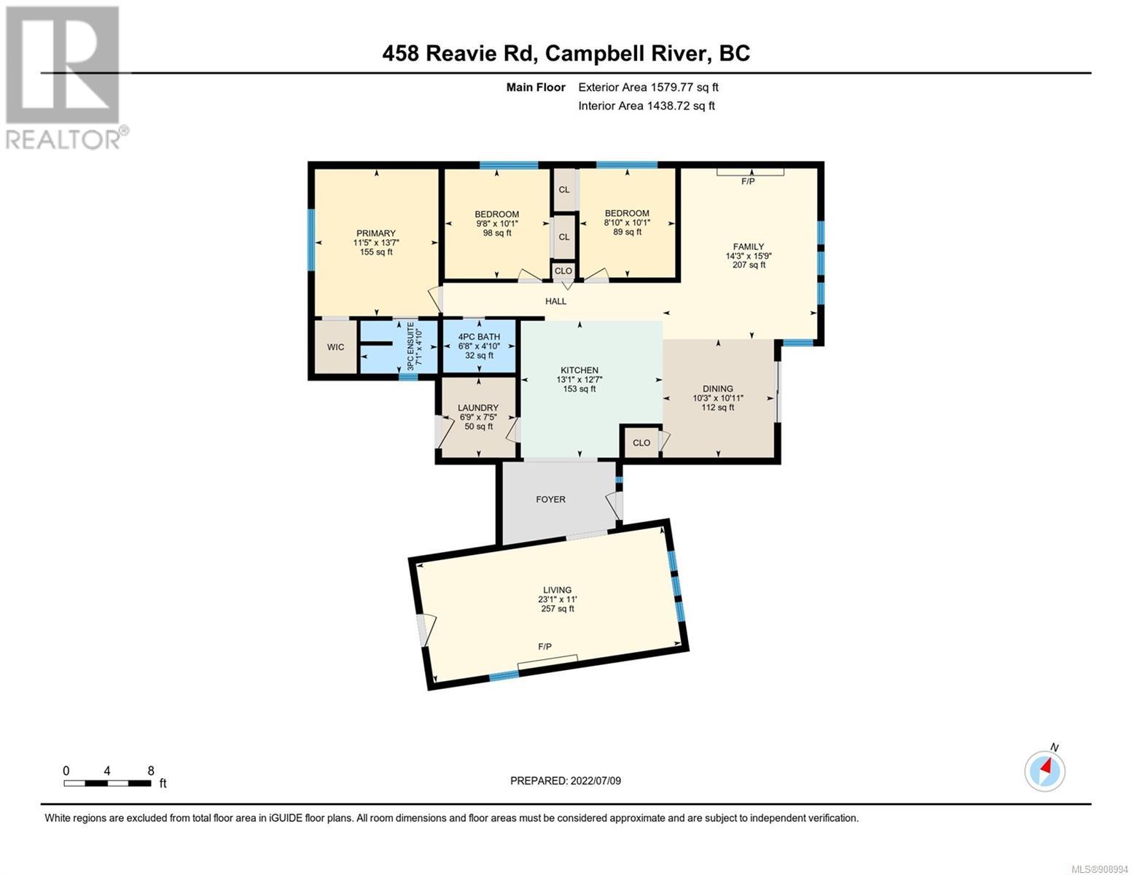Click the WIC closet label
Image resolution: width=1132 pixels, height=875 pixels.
335,347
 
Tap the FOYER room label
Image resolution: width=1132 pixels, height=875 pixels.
550,499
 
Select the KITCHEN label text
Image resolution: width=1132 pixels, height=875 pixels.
579,370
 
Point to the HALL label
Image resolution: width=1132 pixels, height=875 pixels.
556,301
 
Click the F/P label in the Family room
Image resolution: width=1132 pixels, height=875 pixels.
748,182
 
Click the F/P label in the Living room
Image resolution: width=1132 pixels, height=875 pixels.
545,647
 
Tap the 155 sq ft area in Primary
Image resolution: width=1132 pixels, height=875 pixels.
376,252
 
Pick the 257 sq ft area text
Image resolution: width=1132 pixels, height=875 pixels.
558,609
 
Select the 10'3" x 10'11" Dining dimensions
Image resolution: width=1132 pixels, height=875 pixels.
718,398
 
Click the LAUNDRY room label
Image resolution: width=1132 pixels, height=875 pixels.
478,408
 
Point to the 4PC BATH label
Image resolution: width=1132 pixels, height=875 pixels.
480,337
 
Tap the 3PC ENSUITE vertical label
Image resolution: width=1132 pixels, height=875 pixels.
410,346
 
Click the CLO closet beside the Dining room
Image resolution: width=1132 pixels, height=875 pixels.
641,443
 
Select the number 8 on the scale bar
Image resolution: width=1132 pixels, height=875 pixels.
151,771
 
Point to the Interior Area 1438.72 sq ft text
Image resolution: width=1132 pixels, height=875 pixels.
647,106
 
